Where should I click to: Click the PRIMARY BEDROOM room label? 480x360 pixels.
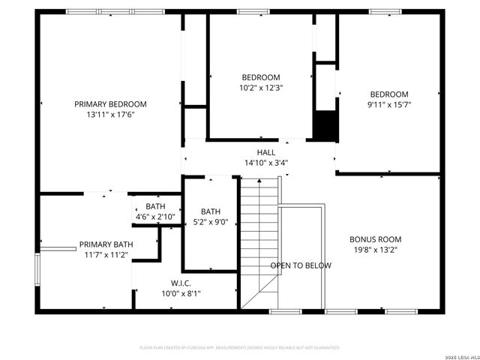(x=110, y=104)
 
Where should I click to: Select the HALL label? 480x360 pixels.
(x=265, y=152)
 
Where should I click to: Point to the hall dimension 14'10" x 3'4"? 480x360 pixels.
(x=265, y=163)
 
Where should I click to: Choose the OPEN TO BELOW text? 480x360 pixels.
(x=301, y=265)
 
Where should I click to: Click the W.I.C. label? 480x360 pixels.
(x=181, y=283)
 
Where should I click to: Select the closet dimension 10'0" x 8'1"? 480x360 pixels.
(x=181, y=293)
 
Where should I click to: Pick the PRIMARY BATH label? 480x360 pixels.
(x=106, y=244)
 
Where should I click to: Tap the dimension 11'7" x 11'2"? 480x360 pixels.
(x=106, y=255)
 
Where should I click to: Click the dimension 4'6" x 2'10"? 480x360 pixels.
(x=155, y=217)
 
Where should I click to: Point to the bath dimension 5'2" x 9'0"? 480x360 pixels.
(x=210, y=222)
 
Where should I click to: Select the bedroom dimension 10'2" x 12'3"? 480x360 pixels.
(x=261, y=88)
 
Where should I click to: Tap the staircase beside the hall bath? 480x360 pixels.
(x=259, y=240)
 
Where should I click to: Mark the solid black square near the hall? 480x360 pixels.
(x=324, y=125)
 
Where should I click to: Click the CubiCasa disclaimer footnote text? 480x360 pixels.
(x=240, y=348)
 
